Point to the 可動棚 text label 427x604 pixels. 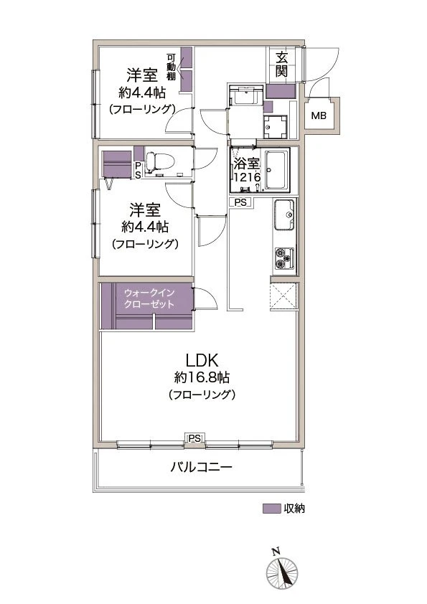172,69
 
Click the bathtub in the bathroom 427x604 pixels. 275,171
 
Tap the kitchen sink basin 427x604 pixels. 283,215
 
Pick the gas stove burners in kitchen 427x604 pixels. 283,258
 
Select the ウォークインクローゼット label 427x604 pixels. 148,298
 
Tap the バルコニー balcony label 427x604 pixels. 201,467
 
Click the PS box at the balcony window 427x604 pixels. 194,438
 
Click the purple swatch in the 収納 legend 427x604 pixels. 271,509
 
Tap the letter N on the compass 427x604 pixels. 275,551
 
